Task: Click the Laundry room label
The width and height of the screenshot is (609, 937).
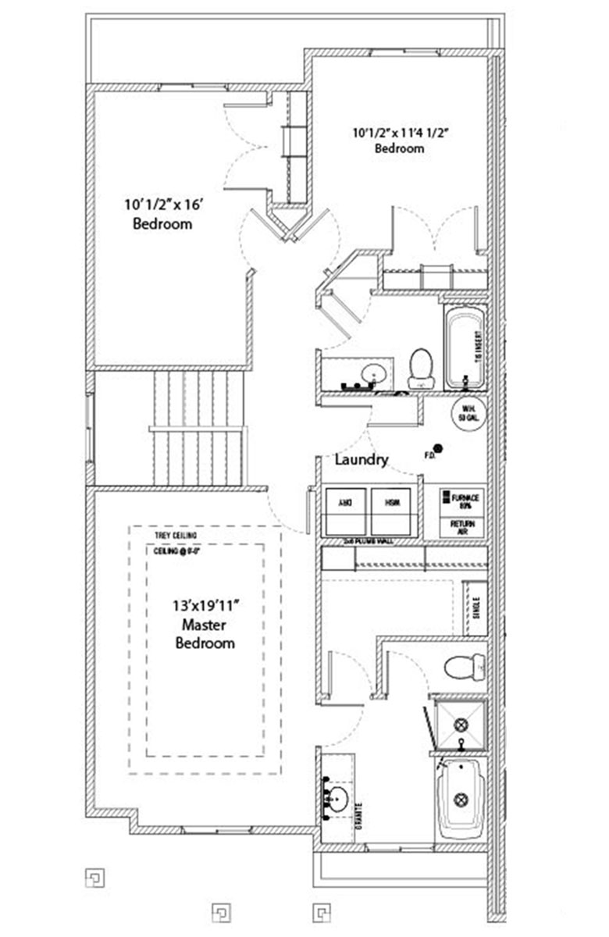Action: [361, 460]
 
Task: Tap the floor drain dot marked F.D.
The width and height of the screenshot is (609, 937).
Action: [438, 448]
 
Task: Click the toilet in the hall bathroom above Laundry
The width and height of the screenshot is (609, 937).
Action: [421, 367]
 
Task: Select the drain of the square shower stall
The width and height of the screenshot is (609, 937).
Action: [461, 724]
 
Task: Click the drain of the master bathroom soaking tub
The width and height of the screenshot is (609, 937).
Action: [461, 800]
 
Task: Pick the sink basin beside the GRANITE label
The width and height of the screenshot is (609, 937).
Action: [337, 798]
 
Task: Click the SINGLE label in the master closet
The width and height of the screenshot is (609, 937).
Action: [476, 605]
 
